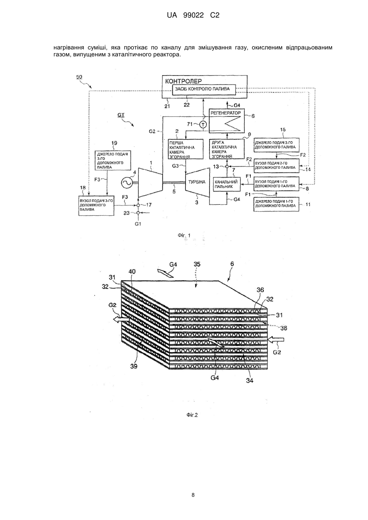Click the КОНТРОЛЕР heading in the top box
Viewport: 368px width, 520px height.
click(183, 81)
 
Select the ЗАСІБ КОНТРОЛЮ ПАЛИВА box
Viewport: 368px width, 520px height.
click(204, 89)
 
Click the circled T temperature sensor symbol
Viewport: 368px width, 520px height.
click(203, 125)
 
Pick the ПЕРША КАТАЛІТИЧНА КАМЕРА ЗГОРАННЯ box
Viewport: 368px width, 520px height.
click(185, 149)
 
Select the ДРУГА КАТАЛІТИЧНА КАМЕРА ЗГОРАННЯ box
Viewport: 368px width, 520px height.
click(227, 149)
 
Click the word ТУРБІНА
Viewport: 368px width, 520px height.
click(196, 182)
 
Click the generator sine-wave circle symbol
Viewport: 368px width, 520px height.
click(127, 183)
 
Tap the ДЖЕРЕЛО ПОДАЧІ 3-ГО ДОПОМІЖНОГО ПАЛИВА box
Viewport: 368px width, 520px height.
click(113, 161)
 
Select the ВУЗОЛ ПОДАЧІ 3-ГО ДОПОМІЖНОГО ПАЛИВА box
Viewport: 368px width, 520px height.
click(96, 205)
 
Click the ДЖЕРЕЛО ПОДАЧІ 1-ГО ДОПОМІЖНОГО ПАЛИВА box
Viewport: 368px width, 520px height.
click(276, 204)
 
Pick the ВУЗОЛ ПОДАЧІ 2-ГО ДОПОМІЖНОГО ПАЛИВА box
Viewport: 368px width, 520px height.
click(276, 166)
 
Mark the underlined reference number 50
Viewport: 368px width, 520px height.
click(79, 77)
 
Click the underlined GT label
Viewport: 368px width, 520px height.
click(121, 115)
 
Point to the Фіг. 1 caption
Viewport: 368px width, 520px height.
click(184, 235)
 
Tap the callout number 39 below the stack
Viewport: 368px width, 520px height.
click(134, 366)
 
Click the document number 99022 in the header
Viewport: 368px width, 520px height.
click(194, 16)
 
